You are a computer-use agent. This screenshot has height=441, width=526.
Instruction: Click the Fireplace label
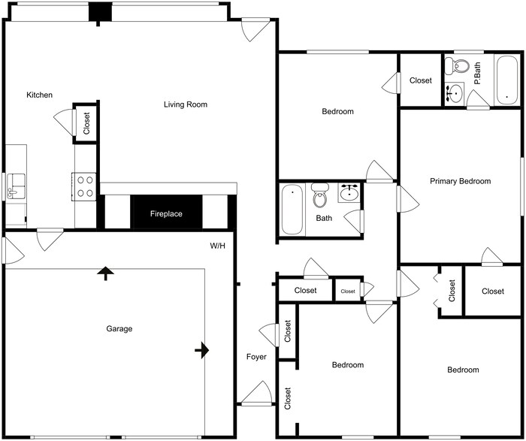166,214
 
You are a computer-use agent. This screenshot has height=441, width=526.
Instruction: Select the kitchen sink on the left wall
15,186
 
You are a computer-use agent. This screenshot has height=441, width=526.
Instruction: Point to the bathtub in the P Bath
506,80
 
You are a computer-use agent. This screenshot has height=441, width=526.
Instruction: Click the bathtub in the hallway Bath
292,210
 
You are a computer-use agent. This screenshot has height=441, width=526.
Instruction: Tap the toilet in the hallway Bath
320,198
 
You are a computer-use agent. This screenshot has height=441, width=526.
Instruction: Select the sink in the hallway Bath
349,193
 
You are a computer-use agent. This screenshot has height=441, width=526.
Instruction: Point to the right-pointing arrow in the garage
202,350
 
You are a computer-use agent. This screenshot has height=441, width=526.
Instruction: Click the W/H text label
218,246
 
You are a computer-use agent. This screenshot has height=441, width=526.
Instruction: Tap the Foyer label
256,357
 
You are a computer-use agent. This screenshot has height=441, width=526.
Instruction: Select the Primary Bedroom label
460,181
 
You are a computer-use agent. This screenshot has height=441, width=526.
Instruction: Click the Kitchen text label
40,95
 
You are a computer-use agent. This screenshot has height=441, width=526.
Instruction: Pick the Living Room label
186,104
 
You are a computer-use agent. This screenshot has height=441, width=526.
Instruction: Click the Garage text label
119,329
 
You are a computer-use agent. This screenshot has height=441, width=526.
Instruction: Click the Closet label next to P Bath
421,80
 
